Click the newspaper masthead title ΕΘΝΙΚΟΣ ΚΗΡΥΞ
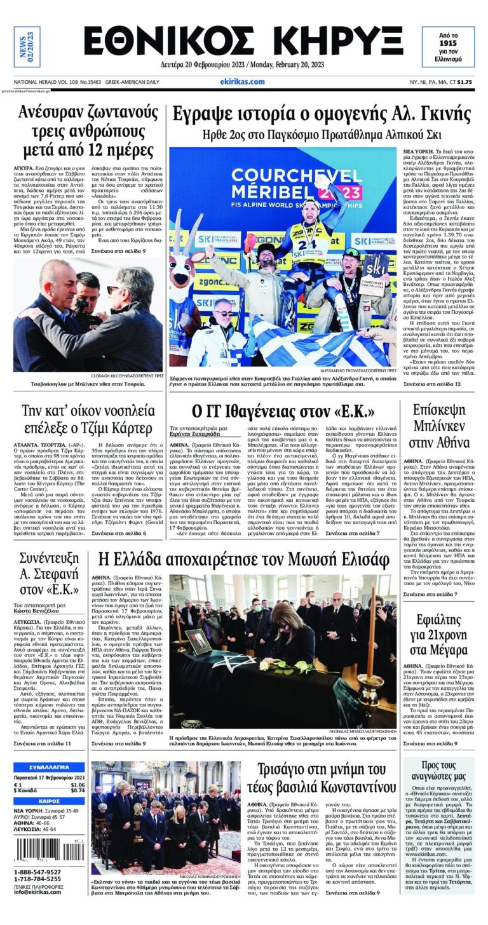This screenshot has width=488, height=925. (x=243, y=42)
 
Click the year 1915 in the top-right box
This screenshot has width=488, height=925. (x=448, y=42)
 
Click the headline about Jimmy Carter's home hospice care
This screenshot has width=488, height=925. (x=87, y=418)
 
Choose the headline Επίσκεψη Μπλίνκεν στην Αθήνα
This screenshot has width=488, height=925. (x=440, y=426)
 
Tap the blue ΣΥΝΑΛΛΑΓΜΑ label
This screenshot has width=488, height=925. (x=49, y=767)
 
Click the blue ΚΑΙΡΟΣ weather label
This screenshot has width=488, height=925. (x=49, y=801)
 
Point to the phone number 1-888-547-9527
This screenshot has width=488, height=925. (x=37, y=872)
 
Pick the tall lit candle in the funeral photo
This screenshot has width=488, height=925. (x=371, y=629)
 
